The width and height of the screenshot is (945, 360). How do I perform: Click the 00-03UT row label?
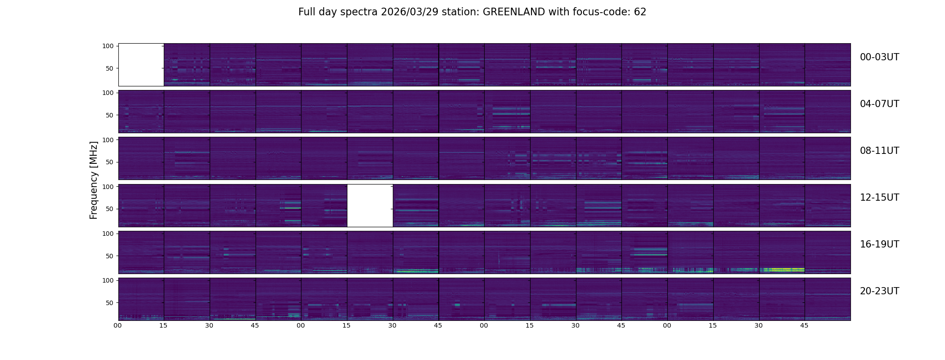[x=879, y=57]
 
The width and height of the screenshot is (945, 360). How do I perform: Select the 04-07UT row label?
[x=879, y=104]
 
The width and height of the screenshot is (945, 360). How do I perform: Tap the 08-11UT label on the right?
[x=879, y=151]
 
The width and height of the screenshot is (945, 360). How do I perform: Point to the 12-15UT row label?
[x=879, y=198]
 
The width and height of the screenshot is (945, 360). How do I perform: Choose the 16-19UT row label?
[x=879, y=244]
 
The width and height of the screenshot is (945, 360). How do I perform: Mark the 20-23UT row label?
[x=879, y=291]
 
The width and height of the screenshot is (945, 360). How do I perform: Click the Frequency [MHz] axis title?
[x=94, y=180]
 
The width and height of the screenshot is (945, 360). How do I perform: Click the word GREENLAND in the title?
[x=514, y=12]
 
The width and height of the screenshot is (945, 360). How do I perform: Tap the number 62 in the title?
[x=640, y=12]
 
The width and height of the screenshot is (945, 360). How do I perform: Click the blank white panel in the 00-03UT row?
[x=141, y=65]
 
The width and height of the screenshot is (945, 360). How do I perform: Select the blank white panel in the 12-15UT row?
[x=370, y=206]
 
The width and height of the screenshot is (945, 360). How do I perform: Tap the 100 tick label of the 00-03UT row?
[x=108, y=46]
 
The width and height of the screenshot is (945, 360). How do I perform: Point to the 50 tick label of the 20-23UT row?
[x=110, y=303]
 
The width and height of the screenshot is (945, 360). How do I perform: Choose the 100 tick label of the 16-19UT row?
[x=108, y=234]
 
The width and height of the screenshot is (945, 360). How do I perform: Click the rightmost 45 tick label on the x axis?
[x=804, y=325]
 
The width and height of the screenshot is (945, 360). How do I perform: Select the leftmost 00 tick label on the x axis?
[x=118, y=325]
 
